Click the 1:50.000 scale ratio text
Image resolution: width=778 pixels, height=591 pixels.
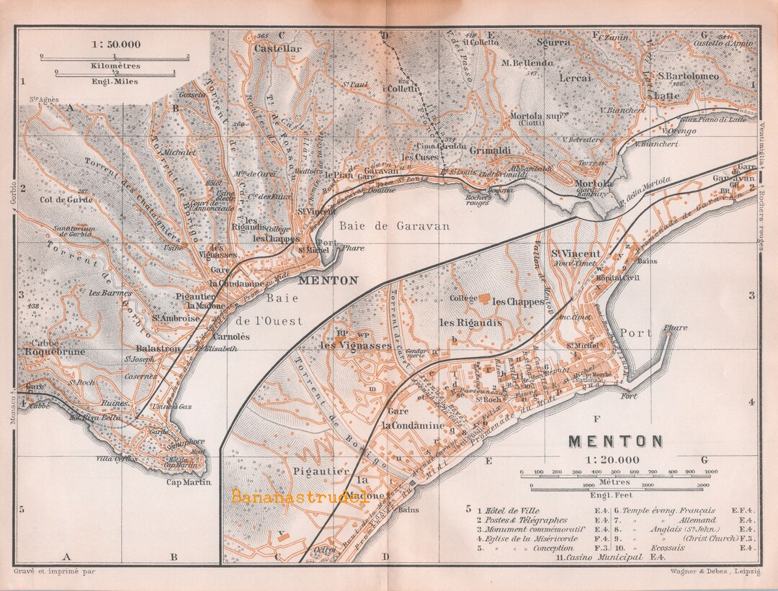pyautogui.click(x=116, y=44)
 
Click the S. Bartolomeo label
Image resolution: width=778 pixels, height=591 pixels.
pyautogui.click(x=688, y=76)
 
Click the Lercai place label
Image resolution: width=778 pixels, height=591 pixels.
pyautogui.click(x=576, y=77)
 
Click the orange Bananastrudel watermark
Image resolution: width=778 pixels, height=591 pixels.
pyautogui.click(x=298, y=496)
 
